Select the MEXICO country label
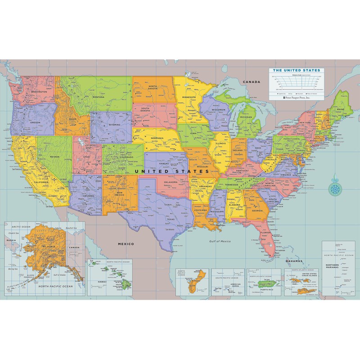tap(126, 243)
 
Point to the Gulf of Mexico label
tap(220, 242)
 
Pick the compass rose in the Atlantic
tap(335, 186)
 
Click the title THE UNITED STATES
tap(297, 71)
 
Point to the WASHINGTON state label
tap(36, 92)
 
